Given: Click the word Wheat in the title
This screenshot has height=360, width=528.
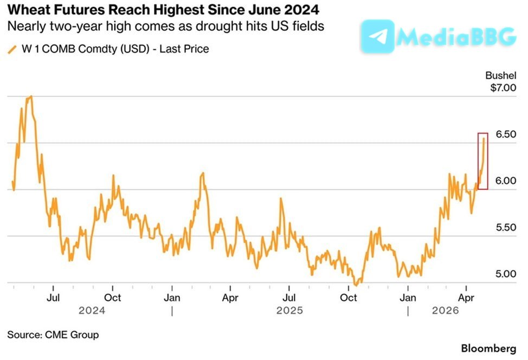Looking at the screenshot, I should point(25,10).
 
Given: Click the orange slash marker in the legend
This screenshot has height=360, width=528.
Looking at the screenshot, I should point(12,49).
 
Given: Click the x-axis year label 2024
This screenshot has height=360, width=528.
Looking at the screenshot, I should point(92,311).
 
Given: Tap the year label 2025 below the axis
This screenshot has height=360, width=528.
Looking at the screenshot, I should point(290,311).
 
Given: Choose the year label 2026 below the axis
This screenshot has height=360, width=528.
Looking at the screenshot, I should point(445,311).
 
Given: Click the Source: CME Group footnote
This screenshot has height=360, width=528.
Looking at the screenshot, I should point(53,335).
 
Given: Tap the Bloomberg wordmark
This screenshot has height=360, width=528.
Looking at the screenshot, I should point(490,348).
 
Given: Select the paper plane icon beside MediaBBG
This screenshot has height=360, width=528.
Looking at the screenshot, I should point(377,37).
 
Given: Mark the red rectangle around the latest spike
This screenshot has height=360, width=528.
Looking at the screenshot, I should point(483,161).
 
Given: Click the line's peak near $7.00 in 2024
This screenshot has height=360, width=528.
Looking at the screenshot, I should point(31,97).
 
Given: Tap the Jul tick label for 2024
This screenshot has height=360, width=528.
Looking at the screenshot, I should point(53,298).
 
